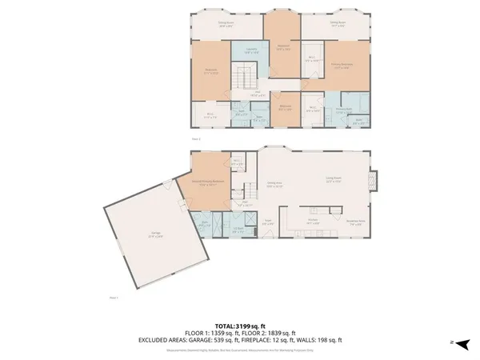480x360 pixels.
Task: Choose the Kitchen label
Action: point(314,219)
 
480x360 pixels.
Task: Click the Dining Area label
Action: point(274,183)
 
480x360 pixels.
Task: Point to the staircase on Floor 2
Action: point(243,78)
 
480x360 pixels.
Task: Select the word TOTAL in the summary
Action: point(223,326)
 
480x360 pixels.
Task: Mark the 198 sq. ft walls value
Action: point(330,340)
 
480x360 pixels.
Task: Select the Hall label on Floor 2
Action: point(258,92)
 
